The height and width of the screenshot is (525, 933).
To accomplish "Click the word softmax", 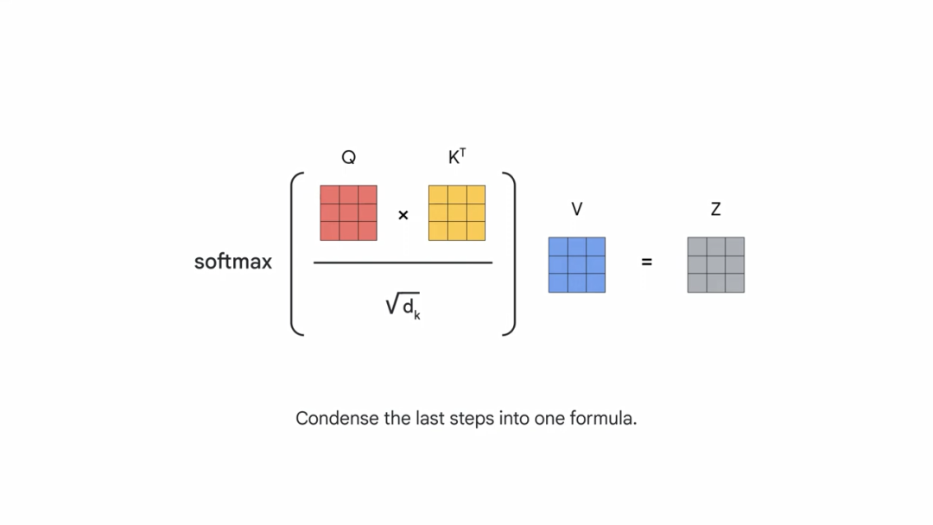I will [x=232, y=262].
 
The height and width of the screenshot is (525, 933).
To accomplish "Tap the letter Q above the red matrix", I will [x=348, y=157].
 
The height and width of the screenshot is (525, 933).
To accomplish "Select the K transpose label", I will [x=457, y=156].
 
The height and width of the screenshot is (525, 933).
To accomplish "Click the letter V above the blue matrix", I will [x=576, y=209].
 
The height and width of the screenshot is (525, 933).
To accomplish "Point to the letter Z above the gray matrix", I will [x=715, y=209].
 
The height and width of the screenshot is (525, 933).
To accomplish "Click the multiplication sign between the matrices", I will [x=403, y=215].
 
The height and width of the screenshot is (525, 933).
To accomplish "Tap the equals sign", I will [x=646, y=262].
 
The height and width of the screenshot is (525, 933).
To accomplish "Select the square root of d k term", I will [x=403, y=307].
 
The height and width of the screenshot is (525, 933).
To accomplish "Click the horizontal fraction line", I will [x=403, y=262].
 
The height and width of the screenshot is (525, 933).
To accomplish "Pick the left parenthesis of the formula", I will [x=295, y=253].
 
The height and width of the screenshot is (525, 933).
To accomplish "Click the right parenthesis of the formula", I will [x=511, y=253].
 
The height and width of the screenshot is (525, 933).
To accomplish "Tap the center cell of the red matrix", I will [x=348, y=212].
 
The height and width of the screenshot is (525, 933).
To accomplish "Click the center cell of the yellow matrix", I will [x=457, y=212].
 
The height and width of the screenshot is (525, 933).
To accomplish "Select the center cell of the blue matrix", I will [x=576, y=265].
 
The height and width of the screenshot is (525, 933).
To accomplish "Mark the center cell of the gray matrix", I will [x=715, y=265].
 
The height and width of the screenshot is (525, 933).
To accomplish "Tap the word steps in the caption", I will [x=472, y=420].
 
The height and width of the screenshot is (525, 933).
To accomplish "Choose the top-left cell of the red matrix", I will [x=329, y=194].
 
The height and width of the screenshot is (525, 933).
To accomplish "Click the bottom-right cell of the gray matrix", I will [x=734, y=283].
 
